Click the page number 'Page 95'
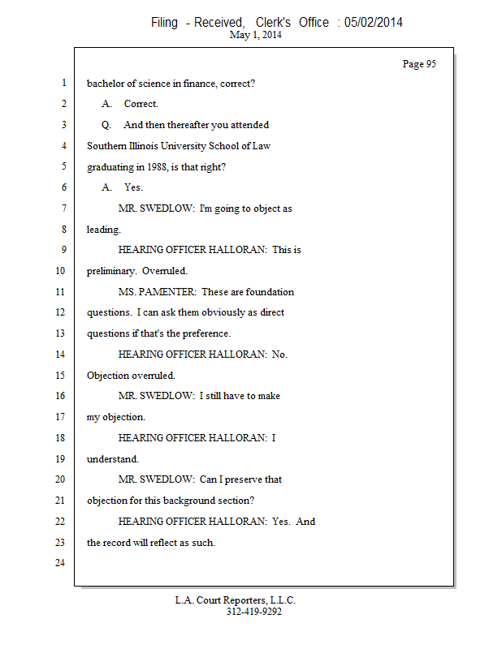(x=419, y=64)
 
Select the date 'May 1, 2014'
(x=256, y=36)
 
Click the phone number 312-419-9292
(x=254, y=612)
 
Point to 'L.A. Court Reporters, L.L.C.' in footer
(x=236, y=600)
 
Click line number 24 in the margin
(x=59, y=563)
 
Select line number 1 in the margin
(x=63, y=84)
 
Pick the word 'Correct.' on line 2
(x=141, y=105)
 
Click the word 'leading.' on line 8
(x=104, y=230)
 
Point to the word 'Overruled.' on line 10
(x=165, y=271)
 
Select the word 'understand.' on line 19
(x=107, y=459)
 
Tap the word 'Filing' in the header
(x=165, y=23)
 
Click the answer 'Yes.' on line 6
(x=133, y=187)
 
